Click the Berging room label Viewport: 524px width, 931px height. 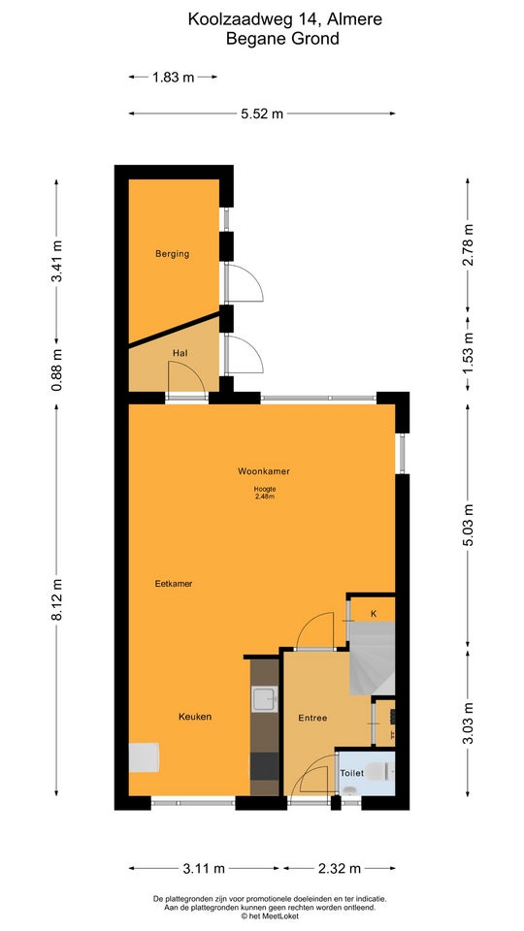173,253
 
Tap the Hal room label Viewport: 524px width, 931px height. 180,353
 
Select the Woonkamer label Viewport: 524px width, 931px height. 264,471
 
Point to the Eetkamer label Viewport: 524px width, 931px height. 174,584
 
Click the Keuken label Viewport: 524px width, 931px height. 195,717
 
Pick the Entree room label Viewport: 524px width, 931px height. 312,718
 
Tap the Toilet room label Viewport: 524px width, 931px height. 351,773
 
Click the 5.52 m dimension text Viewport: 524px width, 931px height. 262,114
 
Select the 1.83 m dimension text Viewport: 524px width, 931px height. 173,77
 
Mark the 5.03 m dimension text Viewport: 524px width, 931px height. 468,526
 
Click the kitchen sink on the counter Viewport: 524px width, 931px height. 265,699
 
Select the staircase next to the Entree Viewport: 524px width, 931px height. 372,658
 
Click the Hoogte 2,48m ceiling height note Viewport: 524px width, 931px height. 264,493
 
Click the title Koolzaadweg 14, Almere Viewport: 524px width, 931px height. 285,19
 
